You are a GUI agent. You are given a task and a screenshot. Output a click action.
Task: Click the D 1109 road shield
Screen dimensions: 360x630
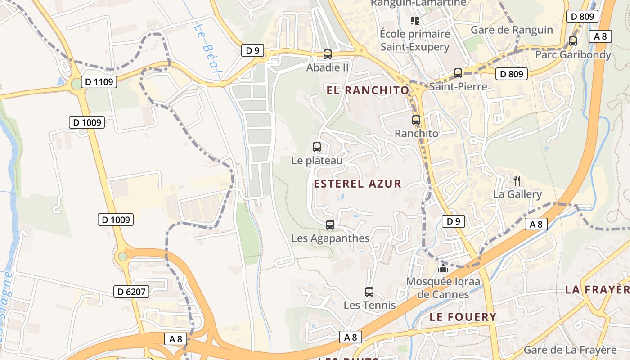point(99,82)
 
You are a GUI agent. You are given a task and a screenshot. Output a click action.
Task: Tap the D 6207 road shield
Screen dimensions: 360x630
point(131,292)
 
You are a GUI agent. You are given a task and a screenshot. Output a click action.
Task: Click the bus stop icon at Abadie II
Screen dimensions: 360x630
point(328,54)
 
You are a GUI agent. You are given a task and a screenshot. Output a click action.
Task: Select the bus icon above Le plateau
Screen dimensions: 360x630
point(317,147)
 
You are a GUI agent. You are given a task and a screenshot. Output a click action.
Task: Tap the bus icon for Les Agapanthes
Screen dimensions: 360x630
point(330,225)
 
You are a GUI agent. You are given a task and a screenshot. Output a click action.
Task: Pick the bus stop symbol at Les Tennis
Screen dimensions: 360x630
point(369,292)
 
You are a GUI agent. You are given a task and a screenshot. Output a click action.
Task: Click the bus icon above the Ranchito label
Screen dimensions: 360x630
point(416,120)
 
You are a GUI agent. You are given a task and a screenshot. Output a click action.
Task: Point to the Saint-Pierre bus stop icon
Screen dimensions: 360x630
point(458,73)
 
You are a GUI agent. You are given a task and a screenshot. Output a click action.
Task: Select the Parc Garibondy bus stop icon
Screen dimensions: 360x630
point(573,41)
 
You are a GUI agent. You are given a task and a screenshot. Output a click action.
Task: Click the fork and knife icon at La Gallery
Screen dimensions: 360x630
point(517,181)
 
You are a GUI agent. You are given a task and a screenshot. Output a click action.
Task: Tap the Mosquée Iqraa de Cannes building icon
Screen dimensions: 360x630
point(443,269)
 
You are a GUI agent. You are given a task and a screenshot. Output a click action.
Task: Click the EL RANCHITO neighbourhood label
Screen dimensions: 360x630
point(368,90)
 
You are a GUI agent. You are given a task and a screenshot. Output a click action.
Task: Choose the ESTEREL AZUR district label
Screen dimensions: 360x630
point(357,184)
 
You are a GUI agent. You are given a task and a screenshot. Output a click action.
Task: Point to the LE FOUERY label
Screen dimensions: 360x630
point(463,317)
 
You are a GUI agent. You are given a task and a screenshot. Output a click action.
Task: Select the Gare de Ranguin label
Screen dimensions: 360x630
point(512,30)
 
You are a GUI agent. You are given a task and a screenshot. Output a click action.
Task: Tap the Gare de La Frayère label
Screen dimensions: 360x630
point(570,350)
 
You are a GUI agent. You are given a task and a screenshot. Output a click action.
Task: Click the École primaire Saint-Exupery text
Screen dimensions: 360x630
point(415,40)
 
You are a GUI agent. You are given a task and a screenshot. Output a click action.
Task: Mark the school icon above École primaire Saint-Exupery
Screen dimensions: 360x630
point(414,20)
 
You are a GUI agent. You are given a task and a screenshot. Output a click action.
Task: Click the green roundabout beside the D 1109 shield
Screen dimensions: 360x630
point(76,84)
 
